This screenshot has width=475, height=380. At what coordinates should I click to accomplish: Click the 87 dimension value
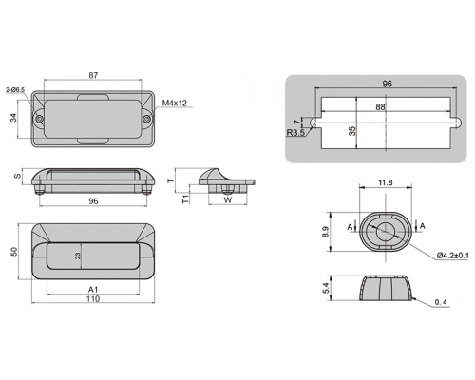pyautogui.click(x=93, y=75)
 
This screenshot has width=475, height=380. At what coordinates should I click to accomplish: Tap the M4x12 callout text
pyautogui.click(x=175, y=103)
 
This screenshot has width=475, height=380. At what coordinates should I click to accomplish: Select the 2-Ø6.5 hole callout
pyautogui.click(x=15, y=90)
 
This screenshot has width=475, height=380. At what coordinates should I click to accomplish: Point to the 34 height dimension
pyautogui.click(x=13, y=118)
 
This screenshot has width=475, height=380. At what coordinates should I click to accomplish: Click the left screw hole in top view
pyautogui.click(x=39, y=120)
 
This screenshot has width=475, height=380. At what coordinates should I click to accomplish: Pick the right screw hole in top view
pyautogui.click(x=146, y=120)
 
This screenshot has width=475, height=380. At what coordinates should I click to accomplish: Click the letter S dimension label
pyautogui.click(x=18, y=175)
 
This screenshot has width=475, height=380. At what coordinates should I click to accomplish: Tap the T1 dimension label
pyautogui.click(x=186, y=199)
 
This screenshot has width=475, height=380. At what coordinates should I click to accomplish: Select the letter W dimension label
pyautogui.click(x=228, y=200)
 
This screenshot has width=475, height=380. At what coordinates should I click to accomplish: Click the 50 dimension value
pyautogui.click(x=14, y=252)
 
